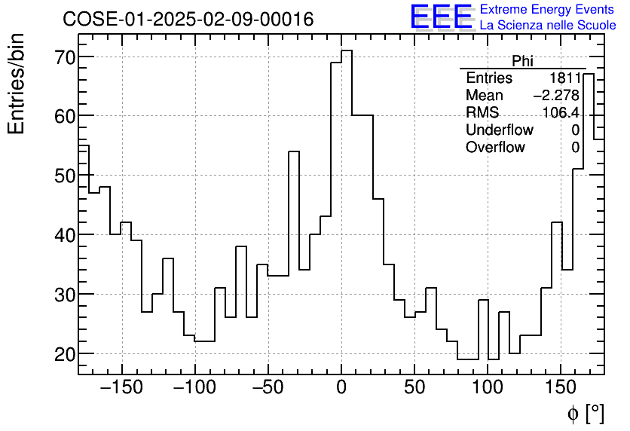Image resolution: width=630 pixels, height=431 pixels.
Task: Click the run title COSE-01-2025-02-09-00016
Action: [188, 20]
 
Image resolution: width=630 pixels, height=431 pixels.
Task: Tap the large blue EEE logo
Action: [441, 17]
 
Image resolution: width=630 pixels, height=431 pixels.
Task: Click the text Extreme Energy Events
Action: [547, 10]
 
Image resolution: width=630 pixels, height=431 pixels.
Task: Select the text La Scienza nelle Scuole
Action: [547, 25]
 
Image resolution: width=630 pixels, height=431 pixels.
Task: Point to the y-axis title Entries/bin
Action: [16, 84]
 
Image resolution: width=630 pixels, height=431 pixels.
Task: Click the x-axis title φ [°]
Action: [585, 413]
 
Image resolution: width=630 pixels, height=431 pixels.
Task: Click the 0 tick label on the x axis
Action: [341, 388]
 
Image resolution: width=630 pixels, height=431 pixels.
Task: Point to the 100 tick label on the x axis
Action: [488, 388]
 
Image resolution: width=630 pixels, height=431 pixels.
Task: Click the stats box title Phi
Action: [522, 61]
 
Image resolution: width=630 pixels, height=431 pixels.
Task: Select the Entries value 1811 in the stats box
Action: [564, 78]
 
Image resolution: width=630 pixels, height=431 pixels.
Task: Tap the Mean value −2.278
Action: [556, 96]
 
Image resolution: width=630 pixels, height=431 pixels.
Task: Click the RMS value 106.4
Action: [561, 113]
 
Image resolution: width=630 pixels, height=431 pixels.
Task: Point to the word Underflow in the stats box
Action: [499, 130]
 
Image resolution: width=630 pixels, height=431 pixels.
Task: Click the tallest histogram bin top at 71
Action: [347, 50]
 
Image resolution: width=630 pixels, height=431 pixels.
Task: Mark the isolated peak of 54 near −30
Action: [294, 151]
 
